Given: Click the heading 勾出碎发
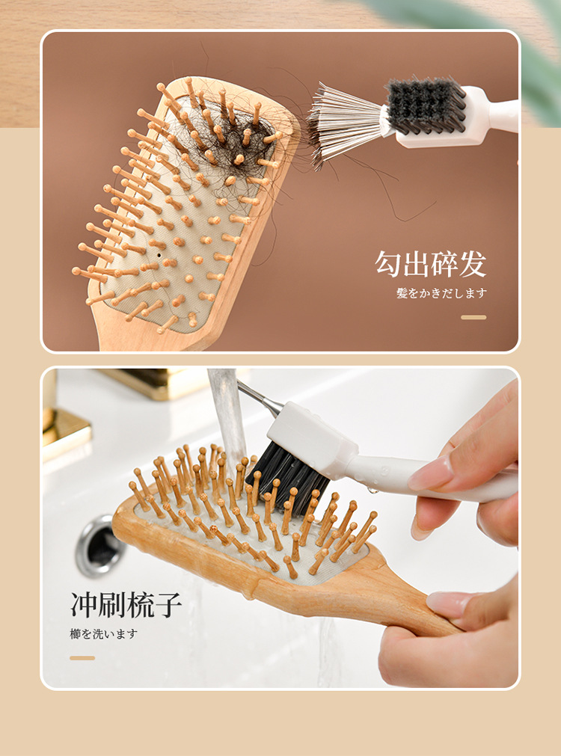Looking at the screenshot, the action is (430, 264).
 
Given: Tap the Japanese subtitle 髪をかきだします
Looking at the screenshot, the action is (441, 293).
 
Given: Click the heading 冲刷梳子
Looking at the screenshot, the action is (126, 605).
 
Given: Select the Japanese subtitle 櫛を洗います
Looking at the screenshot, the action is (104, 633).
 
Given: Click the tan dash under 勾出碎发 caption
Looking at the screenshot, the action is (473, 317).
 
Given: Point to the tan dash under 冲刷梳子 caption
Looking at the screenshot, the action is (82, 657).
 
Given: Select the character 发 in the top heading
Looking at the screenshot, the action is (473, 264).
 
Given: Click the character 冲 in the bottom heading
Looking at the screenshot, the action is (85, 605).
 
